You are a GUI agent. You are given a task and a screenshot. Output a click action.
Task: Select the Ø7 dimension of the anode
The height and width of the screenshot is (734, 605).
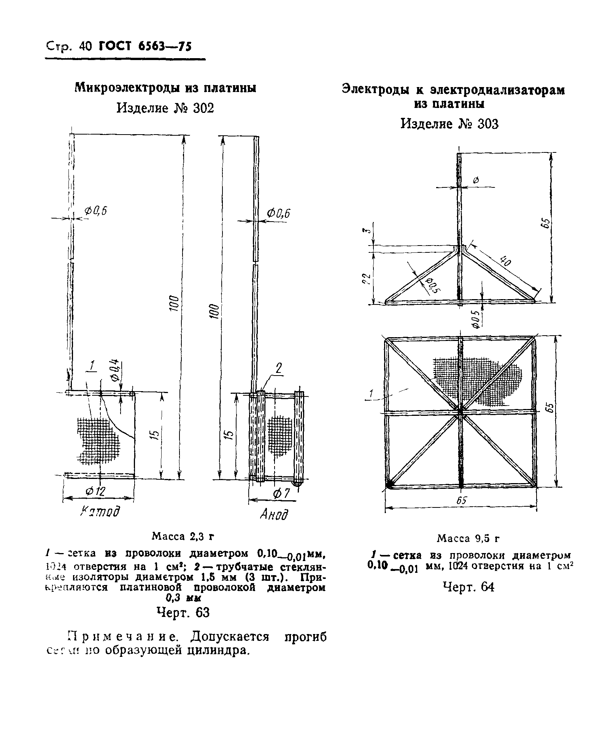pos(281,494)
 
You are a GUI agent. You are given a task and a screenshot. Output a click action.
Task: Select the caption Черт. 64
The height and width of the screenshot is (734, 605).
pos(468,587)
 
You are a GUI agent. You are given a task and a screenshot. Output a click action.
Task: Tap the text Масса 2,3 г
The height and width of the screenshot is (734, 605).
pos(183,536)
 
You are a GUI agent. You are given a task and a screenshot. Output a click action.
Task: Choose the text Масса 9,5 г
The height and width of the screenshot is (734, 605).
pos(468,538)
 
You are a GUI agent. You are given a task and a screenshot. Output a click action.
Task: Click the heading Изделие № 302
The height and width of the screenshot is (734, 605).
pos(165,108)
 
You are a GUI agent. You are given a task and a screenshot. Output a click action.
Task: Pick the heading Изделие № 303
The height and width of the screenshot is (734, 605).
pos(449,124)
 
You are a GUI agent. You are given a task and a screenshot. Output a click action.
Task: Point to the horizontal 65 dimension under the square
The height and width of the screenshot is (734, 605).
pos(461,501)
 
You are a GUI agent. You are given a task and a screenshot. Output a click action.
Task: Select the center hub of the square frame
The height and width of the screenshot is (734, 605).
pos(460,411)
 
